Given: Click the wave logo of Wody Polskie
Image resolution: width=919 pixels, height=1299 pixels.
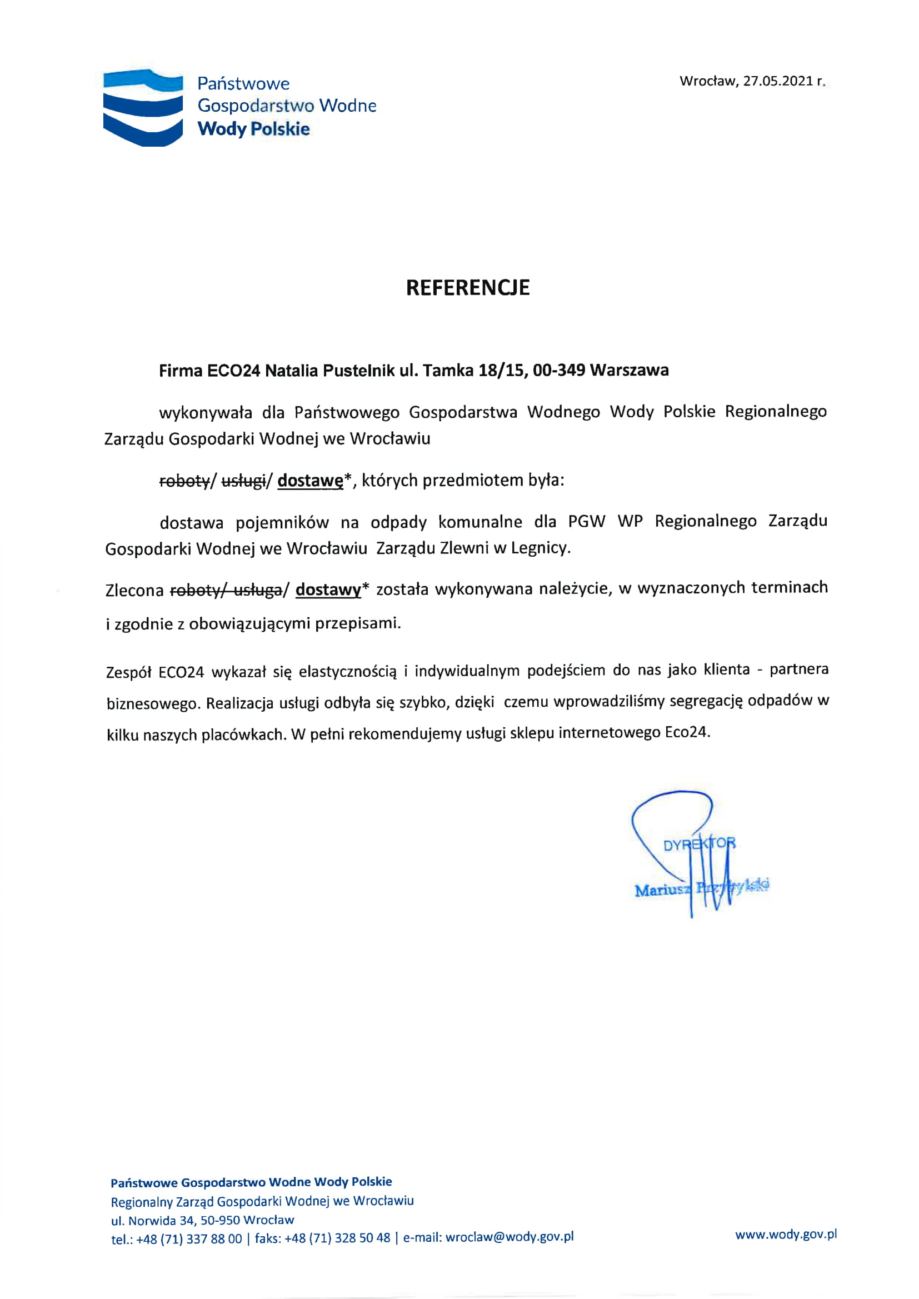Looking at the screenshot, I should coord(143,107).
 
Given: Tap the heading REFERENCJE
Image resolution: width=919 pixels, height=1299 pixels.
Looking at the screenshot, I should coord(467,287).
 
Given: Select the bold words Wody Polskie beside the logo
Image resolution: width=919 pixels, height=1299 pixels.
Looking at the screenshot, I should coord(253,129).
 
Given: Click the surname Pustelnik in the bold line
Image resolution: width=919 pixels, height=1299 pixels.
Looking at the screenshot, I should coord(351,371).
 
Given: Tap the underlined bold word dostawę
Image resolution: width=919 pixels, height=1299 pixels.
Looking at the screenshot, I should coord(310,481).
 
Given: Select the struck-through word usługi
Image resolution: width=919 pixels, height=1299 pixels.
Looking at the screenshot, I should coord(243,481).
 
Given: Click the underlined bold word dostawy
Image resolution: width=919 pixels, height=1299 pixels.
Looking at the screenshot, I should coord(328,589).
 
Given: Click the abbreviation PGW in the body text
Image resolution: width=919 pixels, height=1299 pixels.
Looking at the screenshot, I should coord(586,521).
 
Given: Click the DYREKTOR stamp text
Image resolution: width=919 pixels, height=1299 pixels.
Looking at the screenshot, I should coord(700,845).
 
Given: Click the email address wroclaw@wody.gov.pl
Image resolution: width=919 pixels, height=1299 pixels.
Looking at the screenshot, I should coord(510,1237).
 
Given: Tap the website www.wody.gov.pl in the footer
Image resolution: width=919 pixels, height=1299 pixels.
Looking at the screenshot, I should coord(786,1235).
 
